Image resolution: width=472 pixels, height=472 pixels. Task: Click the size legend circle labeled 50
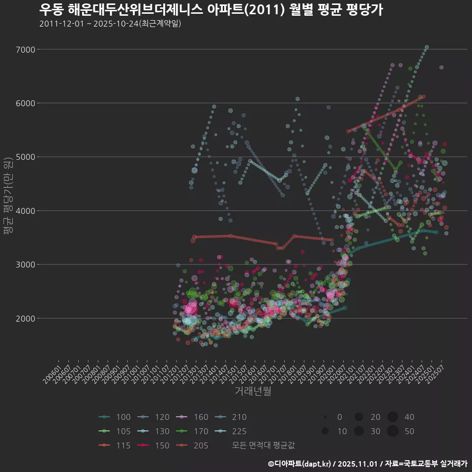click(x=392, y=431)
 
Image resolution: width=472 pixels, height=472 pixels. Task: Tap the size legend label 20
click(x=375, y=417)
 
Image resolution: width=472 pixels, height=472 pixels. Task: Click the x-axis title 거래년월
click(x=253, y=391)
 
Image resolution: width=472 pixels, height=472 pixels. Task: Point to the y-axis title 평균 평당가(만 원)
click(x=8, y=197)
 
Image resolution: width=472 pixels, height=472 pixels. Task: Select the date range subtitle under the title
click(x=110, y=24)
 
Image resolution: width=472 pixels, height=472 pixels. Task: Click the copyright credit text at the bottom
click(x=367, y=463)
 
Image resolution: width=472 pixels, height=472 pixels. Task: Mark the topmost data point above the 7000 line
click(x=427, y=47)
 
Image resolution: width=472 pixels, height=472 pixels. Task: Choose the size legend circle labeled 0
click(x=325, y=417)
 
